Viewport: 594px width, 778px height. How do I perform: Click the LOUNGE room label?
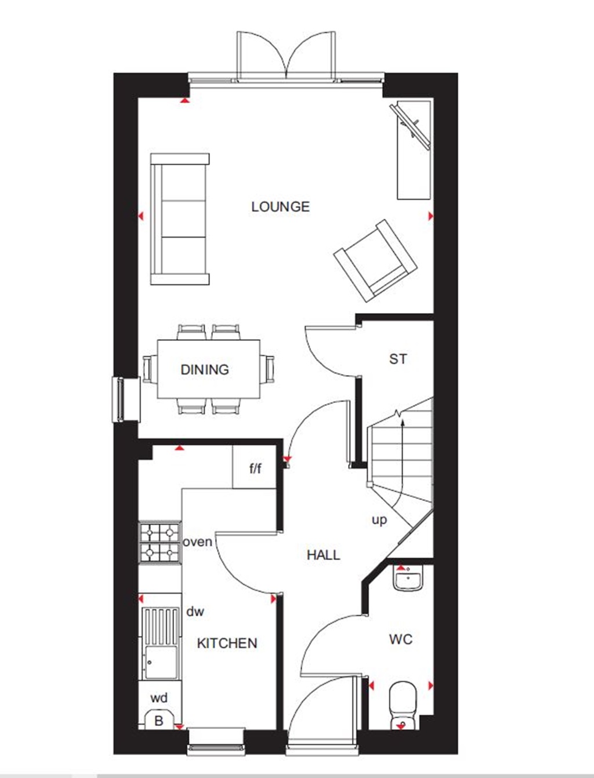pos(280,206)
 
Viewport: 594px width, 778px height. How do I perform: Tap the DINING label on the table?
pos(205,369)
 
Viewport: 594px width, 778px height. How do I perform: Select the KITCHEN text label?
pos(227,643)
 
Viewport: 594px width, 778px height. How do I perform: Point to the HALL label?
pos(323,555)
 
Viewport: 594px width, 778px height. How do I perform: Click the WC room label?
pos(401,639)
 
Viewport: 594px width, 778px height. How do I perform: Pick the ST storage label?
pos(398,359)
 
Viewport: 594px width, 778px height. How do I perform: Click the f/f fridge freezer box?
pos(255,467)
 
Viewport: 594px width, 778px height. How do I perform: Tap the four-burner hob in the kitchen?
pos(160,542)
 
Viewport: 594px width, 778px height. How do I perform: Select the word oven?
pos(197,542)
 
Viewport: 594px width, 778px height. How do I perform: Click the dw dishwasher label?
pos(195,611)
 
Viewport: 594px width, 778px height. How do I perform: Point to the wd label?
pos(159,698)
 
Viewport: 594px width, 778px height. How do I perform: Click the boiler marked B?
pos(158,721)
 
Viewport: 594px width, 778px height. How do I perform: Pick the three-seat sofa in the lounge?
pos(180,219)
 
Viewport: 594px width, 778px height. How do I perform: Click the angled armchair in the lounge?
pos(375,260)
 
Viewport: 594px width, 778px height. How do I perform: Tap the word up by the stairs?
pos(379,520)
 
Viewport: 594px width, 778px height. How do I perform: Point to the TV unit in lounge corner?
pos(414,149)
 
